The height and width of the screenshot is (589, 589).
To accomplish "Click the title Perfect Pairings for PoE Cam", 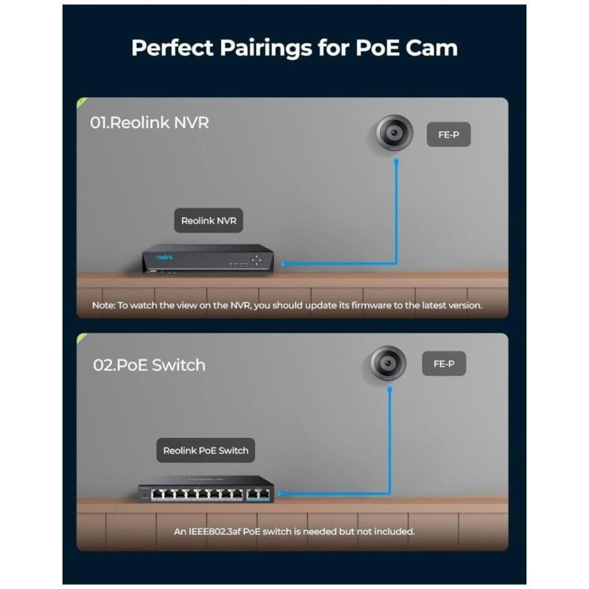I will pos(294,48).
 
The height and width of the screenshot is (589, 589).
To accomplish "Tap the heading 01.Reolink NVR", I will pos(149,122).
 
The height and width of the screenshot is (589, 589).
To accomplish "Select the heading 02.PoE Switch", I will pos(149,364).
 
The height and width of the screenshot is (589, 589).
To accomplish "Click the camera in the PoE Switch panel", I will pos(387,364).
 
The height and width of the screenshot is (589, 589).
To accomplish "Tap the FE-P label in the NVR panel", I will pos(448,135).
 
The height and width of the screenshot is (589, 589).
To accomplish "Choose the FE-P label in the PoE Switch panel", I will pos(444,364).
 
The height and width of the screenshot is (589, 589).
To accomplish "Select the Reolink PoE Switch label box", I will pos(205,450).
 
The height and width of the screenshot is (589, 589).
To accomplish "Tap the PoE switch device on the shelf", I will pos(205,490).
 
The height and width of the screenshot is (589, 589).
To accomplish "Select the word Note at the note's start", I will pos(103,305).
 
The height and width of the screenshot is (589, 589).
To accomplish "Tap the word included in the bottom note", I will pos(393,531).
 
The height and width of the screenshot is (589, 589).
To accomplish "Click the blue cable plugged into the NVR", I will pos(339,262).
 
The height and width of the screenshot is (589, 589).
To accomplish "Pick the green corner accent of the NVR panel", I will pos(81,102).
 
